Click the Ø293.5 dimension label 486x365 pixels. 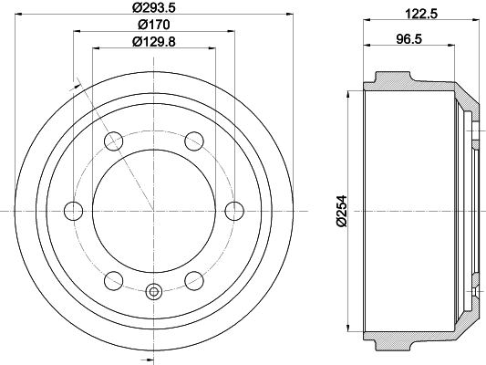(154, 7)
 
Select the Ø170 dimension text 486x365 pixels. (154, 25)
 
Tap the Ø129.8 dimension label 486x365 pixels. (154, 42)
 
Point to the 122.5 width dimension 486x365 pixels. (421, 14)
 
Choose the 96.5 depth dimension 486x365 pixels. (409, 39)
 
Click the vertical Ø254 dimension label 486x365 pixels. (341, 211)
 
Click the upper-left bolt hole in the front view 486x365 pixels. (113, 141)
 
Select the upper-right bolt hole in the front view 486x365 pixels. (194, 141)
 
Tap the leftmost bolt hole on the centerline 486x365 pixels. (74, 211)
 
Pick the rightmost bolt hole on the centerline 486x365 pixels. (234, 211)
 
